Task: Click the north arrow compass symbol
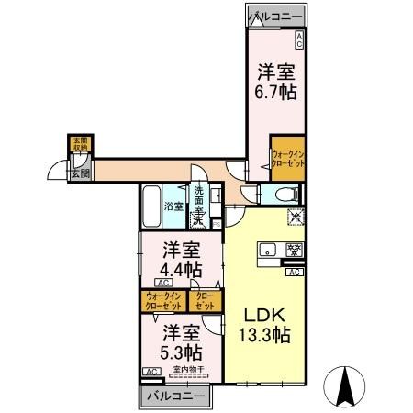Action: (x=348, y=385)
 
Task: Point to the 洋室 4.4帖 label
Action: (x=183, y=259)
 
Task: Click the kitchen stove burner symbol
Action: (x=295, y=249)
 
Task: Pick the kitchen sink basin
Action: (x=271, y=250)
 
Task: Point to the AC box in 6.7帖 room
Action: (x=299, y=39)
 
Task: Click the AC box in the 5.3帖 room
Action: (x=150, y=371)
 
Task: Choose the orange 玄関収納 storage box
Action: (x=82, y=144)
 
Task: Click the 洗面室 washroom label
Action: (x=199, y=202)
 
